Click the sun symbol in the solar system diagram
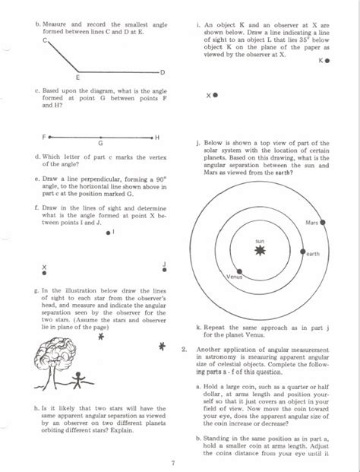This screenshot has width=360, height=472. [x=260, y=250]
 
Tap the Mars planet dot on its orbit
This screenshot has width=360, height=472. [x=324, y=222]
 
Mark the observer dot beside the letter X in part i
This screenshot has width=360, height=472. [x=216, y=96]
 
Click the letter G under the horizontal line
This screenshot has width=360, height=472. [x=99, y=143]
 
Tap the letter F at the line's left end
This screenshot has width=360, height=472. [x=45, y=138]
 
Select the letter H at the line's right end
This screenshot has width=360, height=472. [x=156, y=138]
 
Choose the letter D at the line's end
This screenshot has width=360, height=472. [x=162, y=71]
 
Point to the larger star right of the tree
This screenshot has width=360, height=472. [x=162, y=348]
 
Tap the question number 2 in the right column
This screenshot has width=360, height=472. [x=184, y=349]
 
